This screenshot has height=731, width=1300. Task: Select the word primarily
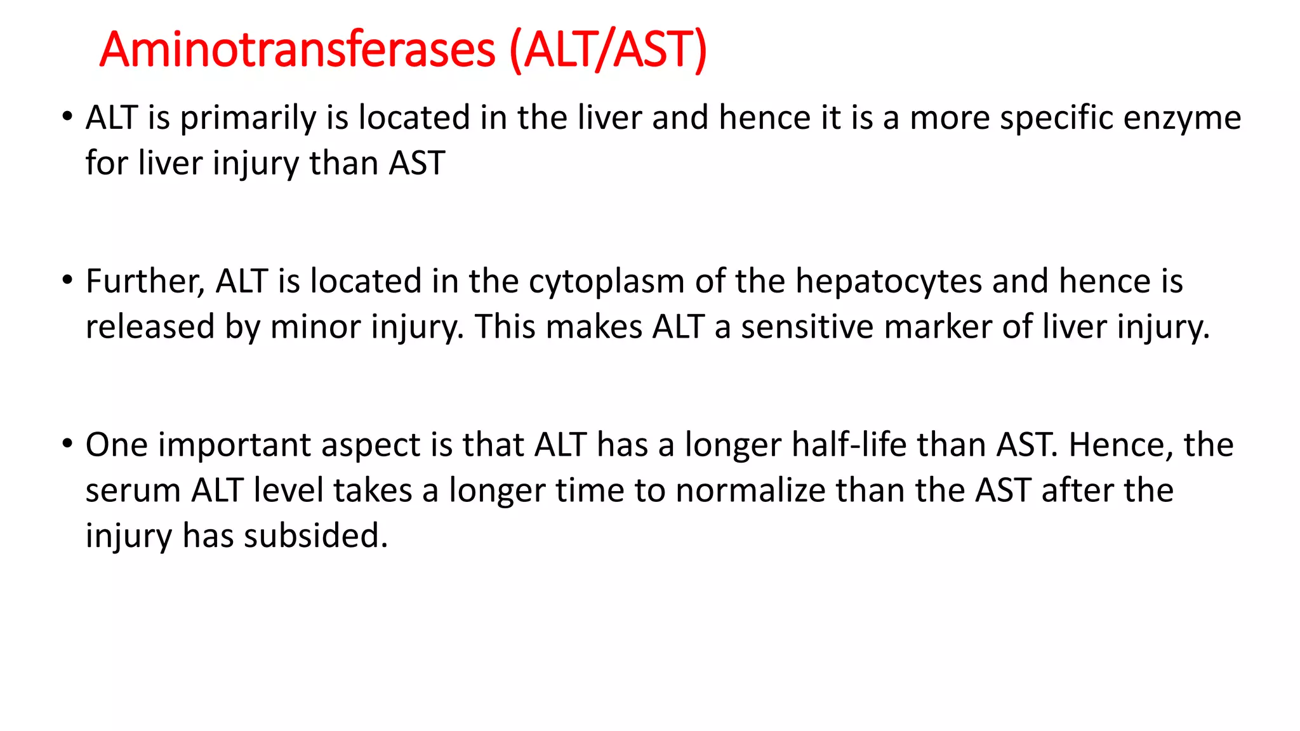[x=248, y=119]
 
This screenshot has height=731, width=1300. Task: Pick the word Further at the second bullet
[x=145, y=282]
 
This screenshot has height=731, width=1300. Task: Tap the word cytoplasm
[x=606, y=282]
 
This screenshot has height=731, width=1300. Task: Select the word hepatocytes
[x=889, y=282]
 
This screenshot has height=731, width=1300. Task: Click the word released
[x=150, y=327]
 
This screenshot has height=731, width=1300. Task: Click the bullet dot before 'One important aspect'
[x=67, y=443]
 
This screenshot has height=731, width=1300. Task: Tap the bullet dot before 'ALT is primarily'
[x=67, y=117]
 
